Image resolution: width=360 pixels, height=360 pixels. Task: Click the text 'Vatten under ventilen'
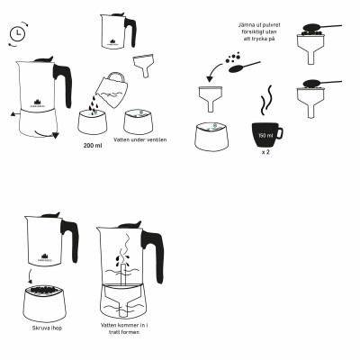point(139,140)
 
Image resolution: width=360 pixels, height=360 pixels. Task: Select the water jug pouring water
point(112,87)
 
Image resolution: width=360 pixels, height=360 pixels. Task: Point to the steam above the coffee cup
point(265,97)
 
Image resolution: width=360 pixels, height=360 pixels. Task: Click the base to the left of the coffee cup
point(211,135)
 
